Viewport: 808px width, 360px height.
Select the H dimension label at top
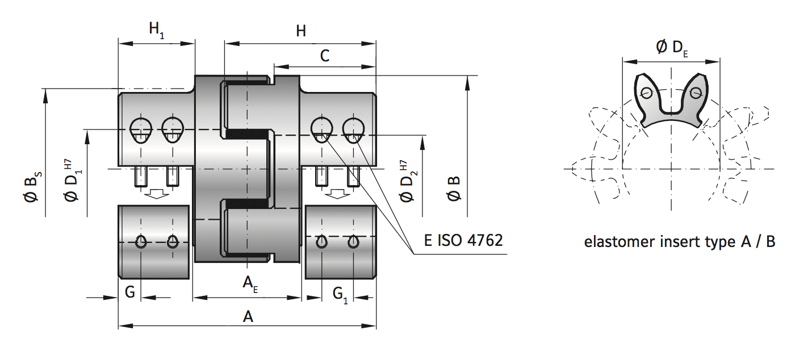click(300, 31)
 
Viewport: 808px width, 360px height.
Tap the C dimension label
click(325, 56)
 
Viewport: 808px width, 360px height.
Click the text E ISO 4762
click(463, 240)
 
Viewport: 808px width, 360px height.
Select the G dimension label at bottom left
click(129, 292)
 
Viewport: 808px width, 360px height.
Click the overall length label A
click(248, 316)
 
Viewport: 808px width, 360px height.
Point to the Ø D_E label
click(672, 48)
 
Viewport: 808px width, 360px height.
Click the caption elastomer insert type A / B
click(680, 242)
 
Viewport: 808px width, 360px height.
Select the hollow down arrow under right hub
click(337, 194)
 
